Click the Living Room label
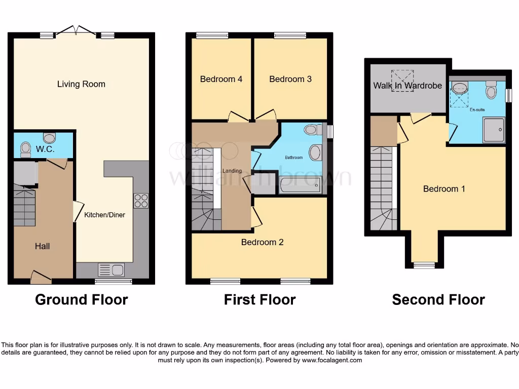81,84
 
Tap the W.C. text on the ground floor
45,149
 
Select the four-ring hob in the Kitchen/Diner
141,201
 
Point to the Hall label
43,246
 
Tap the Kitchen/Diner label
104,215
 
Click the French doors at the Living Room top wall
76,31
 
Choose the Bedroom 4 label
221,79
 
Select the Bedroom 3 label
290,79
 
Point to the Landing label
232,171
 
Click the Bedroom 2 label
262,242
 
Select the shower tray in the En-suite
493,130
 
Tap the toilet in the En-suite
491,90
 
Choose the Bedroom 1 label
444,189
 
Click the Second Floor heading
438,300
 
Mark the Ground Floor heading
81,300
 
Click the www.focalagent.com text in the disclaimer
332,361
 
